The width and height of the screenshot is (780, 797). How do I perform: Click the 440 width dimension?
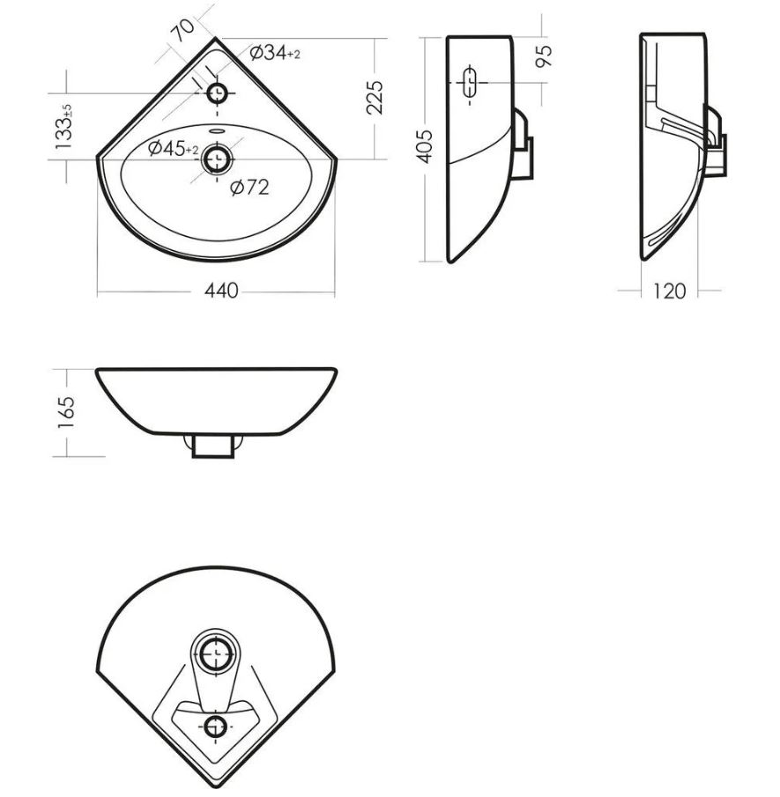(x=221, y=291)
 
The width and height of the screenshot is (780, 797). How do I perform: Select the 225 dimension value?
(x=375, y=97)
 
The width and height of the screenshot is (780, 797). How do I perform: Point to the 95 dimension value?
(x=544, y=55)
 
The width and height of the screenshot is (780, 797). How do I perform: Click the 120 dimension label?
(x=670, y=291)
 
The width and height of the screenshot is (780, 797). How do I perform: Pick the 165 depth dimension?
(x=66, y=412)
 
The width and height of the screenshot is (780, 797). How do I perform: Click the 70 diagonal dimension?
(x=182, y=31)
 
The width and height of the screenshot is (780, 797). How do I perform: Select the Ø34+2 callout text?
(x=275, y=52)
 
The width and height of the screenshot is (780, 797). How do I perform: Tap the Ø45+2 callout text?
(x=174, y=149)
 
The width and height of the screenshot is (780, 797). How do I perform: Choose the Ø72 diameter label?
(x=249, y=188)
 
